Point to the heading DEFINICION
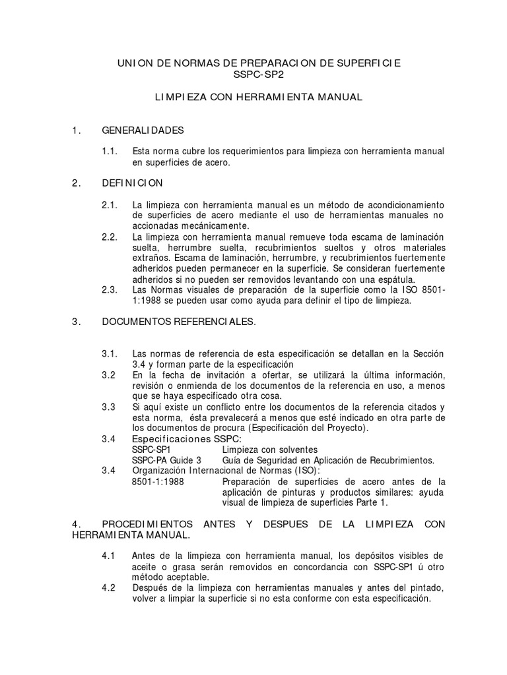[133, 183]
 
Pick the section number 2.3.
[110, 290]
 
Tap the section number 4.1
[108, 555]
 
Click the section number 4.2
[108, 588]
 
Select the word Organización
[162, 470]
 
